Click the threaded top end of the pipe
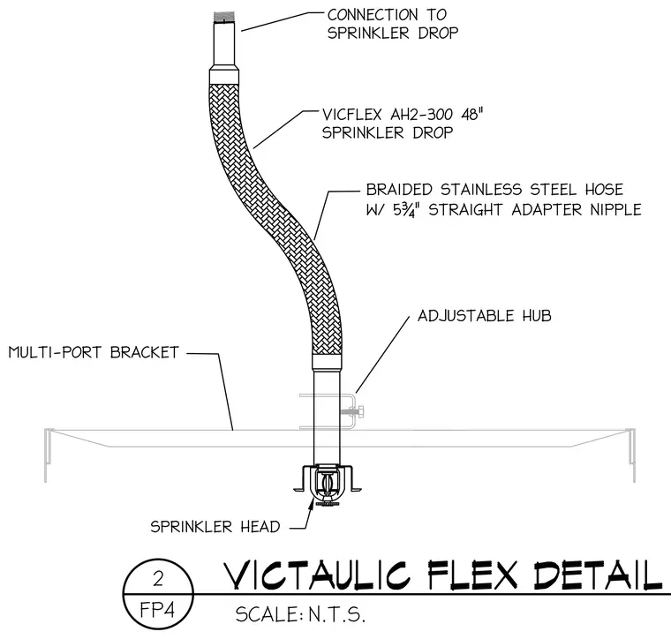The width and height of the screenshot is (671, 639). point(224,17)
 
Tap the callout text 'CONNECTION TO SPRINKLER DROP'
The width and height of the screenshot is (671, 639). point(392,24)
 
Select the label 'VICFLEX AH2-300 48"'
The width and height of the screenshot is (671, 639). point(403,114)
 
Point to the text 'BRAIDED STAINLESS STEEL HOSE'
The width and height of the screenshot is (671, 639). point(494,189)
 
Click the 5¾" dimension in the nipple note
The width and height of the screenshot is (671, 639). point(405,209)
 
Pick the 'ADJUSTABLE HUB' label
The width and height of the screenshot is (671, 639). point(485,316)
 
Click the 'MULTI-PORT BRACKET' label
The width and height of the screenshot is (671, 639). point(94,352)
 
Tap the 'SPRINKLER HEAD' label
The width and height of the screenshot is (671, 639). point(215,526)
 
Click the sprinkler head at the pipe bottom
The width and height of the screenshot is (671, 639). point(328,485)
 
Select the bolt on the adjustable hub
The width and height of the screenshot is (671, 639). point(353,412)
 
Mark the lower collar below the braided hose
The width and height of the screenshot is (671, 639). point(327,363)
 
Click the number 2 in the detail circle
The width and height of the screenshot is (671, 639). point(158,579)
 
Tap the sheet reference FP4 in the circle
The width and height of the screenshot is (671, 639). point(157,610)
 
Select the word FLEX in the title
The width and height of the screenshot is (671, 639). point(473,575)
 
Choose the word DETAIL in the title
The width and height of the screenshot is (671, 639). point(599,575)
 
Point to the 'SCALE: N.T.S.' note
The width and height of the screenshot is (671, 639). point(300,614)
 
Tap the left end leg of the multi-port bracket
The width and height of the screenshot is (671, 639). point(48,455)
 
